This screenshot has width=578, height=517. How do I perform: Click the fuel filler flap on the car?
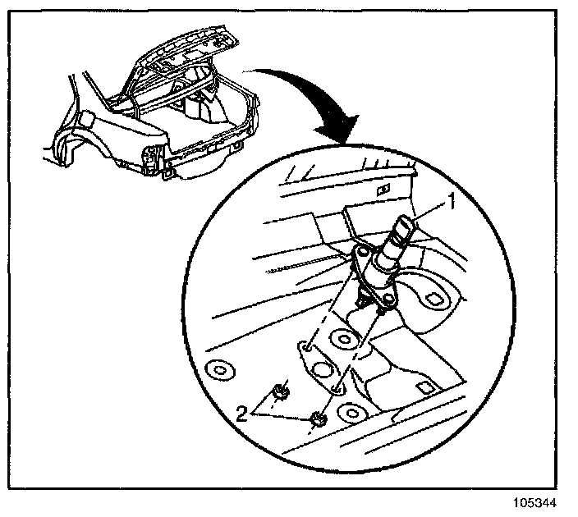tap(82, 118)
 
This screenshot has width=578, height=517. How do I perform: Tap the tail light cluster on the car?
tap(150, 158)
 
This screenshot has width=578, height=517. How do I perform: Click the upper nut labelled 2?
tap(280, 392)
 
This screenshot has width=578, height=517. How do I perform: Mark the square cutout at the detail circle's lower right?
tap(425, 387)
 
